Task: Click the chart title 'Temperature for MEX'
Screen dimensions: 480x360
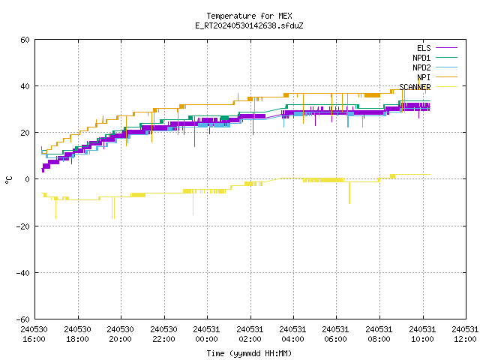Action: [x=249, y=16]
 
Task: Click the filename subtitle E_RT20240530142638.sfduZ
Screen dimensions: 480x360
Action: [x=249, y=25]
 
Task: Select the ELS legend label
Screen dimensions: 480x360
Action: [x=424, y=48]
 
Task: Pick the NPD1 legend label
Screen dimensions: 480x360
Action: [x=421, y=58]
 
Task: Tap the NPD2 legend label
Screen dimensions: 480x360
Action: [x=421, y=67]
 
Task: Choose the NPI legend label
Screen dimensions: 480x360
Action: [x=424, y=77]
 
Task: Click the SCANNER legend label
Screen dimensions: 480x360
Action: [x=415, y=87]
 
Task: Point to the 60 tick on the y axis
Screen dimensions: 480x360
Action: [x=25, y=40]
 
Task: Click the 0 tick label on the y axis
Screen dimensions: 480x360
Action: [x=27, y=179]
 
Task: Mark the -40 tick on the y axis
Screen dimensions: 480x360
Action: [x=23, y=273]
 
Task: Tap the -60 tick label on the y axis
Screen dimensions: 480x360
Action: [x=23, y=319]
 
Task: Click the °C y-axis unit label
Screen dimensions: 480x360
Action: [x=8, y=180]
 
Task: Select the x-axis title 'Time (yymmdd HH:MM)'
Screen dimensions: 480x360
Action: [x=249, y=353]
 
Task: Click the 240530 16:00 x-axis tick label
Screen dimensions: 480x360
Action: [x=34, y=334]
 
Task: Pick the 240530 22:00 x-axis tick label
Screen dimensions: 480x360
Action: [x=163, y=334]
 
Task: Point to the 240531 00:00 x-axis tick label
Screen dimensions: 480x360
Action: [x=207, y=334]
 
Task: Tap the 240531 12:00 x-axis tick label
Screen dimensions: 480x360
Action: [x=465, y=334]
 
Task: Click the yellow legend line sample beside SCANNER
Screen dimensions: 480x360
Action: [x=446, y=87]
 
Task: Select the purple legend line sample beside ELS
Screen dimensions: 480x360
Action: [x=446, y=48]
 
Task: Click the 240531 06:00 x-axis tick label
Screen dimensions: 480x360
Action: [x=336, y=334]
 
